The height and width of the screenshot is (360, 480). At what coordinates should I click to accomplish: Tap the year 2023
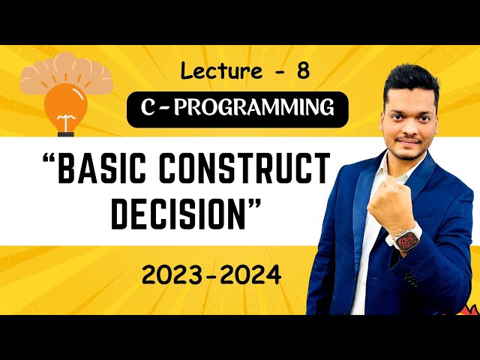(177, 275)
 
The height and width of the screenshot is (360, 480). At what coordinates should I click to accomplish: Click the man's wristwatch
(408, 239)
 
